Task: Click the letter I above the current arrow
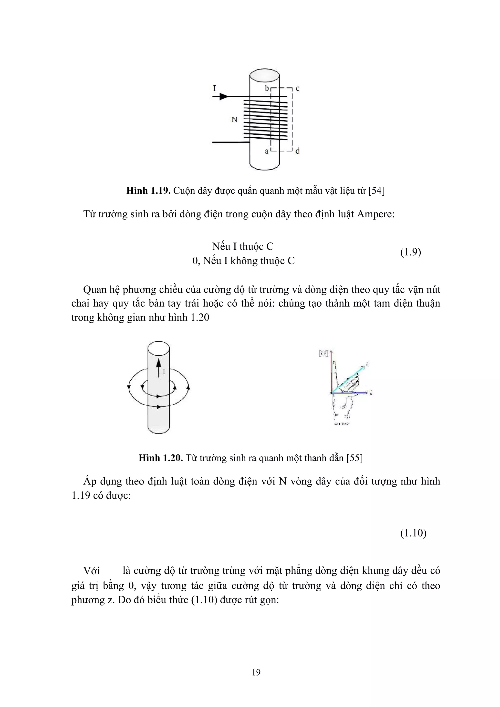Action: pos(214,88)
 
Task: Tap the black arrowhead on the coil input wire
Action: pos(224,97)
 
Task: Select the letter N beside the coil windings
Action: pos(234,120)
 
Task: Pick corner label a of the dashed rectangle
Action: pos(267,151)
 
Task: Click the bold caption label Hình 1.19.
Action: pos(148,191)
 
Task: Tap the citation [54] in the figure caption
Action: pos(376,191)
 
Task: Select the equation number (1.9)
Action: pos(410,252)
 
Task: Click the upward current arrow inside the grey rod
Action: pos(159,368)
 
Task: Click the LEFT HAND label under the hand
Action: pos(341,424)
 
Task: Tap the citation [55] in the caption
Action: pos(354,458)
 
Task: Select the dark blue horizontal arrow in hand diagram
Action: pos(350,393)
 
